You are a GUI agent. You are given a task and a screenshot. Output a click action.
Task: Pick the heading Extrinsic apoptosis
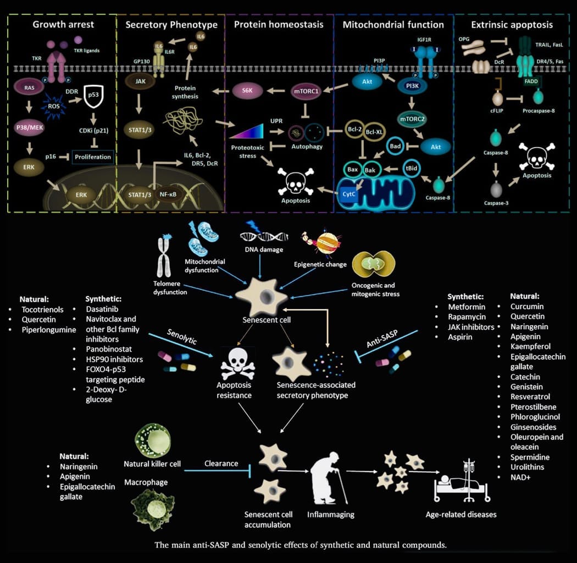click(512, 25)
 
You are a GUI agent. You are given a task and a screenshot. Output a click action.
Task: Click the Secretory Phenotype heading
click(171, 25)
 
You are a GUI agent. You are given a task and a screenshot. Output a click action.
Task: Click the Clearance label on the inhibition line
click(221, 463)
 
